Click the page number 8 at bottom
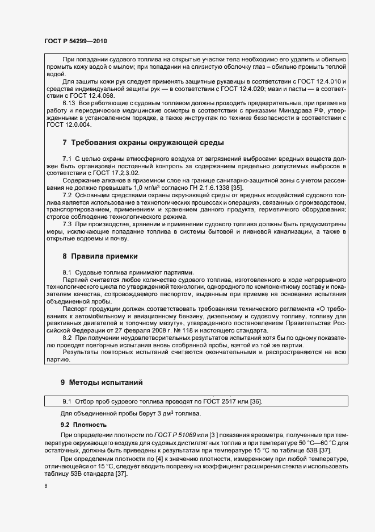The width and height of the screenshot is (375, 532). pyautogui.click(x=45, y=486)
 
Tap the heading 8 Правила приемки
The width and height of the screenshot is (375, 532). pyautogui.click(x=100, y=256)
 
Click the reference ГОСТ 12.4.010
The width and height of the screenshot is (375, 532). pyautogui.click(x=322, y=82)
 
